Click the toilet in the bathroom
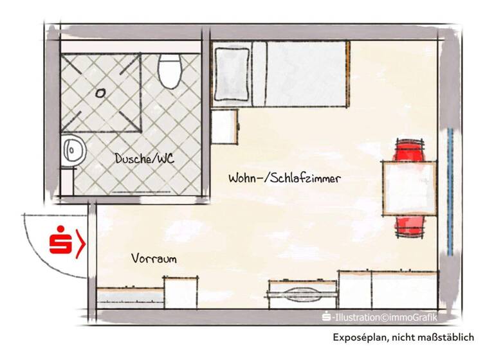pyautogui.click(x=169, y=71)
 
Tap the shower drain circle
pyautogui.click(x=100, y=92)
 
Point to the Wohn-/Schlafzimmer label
pyautogui.click(x=284, y=178)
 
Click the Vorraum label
pyautogui.click(x=154, y=258)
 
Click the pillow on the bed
pyautogui.click(x=231, y=74)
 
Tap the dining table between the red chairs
pyautogui.click(x=409, y=188)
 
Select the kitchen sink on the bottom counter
pyautogui.click(x=303, y=294)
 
